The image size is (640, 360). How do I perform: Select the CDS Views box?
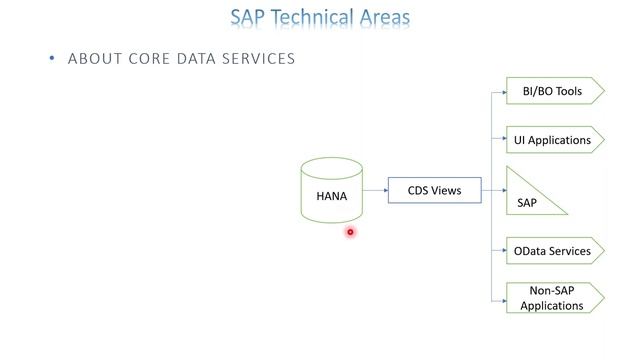(x=434, y=190)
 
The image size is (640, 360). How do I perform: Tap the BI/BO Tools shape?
(x=554, y=91)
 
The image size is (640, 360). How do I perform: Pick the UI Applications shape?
(x=554, y=140)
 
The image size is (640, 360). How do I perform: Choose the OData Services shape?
(x=554, y=251)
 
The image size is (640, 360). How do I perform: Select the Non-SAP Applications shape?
(x=554, y=298)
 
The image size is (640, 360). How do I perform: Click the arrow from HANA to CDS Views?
(x=375, y=190)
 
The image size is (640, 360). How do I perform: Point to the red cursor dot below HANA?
(x=350, y=232)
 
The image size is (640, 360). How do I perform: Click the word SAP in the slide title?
(x=250, y=18)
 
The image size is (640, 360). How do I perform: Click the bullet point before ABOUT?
(x=52, y=59)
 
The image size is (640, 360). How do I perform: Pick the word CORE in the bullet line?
(x=150, y=59)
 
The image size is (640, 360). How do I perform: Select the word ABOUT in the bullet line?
(x=95, y=59)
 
